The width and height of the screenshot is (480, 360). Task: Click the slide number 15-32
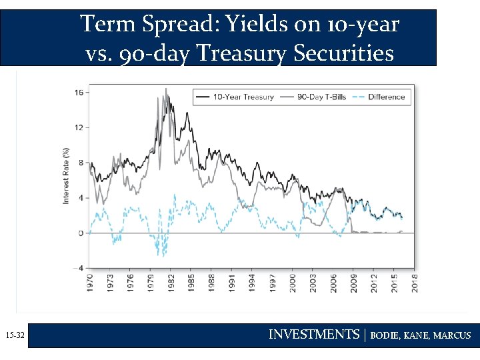click(14, 337)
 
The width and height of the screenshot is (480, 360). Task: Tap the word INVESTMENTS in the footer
click(313, 335)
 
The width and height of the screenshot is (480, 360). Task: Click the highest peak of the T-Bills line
click(166, 89)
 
